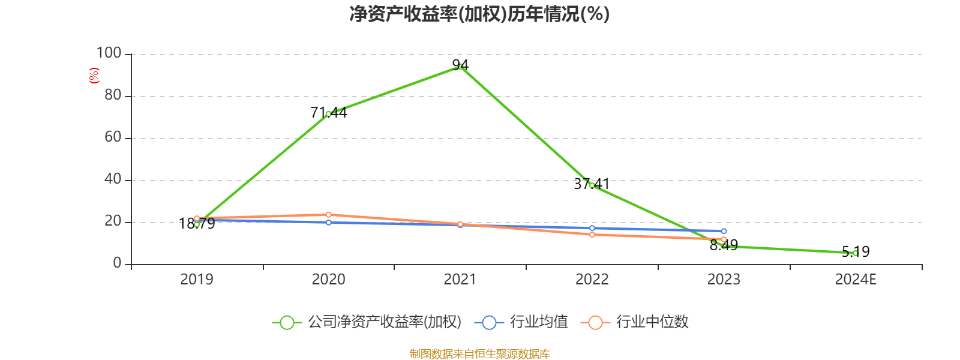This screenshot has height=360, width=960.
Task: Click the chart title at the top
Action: click(479, 14)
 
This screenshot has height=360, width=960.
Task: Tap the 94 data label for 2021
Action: click(460, 65)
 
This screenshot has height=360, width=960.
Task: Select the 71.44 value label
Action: click(328, 112)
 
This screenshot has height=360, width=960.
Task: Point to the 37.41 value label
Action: click(592, 184)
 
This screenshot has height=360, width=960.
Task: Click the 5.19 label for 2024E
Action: click(856, 252)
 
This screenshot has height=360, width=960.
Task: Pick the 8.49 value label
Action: click(724, 245)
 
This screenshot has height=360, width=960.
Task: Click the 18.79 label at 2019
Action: click(197, 224)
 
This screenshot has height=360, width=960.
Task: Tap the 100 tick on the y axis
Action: click(109, 53)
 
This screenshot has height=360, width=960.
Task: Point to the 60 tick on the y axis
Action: click(113, 137)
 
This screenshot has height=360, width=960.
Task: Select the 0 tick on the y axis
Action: click(117, 263)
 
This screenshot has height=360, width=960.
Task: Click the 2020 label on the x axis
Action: click(328, 280)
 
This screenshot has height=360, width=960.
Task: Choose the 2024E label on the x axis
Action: click(856, 280)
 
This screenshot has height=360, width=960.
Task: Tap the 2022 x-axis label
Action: click(592, 280)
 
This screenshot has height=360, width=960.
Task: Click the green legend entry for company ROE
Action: click(367, 322)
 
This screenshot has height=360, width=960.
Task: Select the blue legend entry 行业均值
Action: click(522, 322)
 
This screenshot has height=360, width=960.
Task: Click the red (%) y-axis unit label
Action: click(94, 75)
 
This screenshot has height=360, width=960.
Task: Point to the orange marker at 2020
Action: click(328, 214)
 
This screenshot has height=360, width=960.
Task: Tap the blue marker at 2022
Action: click(592, 228)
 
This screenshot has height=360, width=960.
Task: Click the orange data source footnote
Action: click(479, 354)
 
